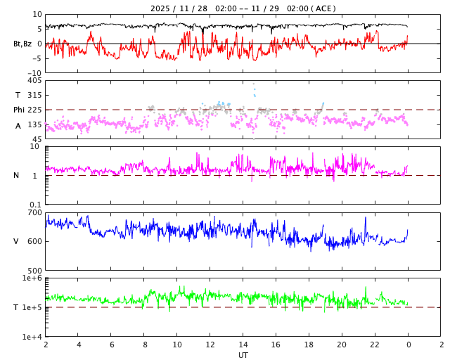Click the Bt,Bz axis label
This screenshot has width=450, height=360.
click(x=22, y=44)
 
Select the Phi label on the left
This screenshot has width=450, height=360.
click(x=19, y=110)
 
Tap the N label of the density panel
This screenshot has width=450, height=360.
click(x=16, y=176)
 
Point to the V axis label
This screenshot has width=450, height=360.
click(x=16, y=241)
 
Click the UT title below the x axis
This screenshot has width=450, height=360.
click(x=243, y=355)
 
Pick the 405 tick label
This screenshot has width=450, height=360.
click(x=34, y=81)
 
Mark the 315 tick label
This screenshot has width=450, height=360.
click(x=34, y=95)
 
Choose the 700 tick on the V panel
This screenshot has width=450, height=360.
click(x=34, y=212)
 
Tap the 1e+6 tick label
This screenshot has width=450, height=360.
click(x=32, y=278)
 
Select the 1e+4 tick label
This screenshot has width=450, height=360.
click(x=32, y=337)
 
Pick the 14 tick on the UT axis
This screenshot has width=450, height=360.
click(x=243, y=345)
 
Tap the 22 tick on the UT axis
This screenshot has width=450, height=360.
click(x=375, y=345)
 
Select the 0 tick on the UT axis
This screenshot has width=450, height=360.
click(x=408, y=345)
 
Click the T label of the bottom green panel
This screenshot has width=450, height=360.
click(x=16, y=307)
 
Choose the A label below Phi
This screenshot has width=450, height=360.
click(x=18, y=126)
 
